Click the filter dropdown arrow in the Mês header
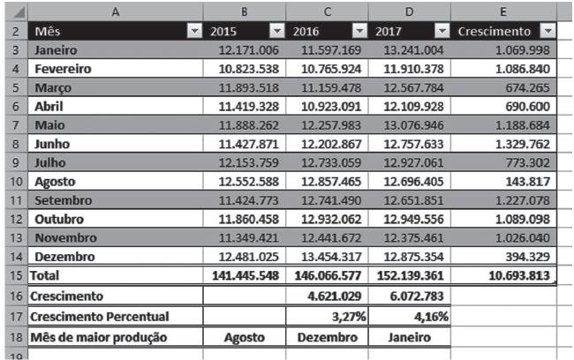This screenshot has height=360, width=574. coord(195,31)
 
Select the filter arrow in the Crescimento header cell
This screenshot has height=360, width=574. coord(548,31)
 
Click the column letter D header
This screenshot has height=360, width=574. coord(409,11)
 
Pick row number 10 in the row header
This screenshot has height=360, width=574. coord(16,182)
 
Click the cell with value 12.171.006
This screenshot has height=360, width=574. coord(248,50)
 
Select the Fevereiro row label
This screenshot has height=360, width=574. coord(63,69)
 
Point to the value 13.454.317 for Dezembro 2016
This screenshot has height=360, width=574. coord(331,257)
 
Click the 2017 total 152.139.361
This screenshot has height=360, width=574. coord(411,275)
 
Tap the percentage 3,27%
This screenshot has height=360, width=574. coord(349,317)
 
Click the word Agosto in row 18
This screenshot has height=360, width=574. coord(244,337)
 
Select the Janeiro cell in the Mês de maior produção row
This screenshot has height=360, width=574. coord(409,337)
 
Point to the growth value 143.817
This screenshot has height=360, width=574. coord(527,182)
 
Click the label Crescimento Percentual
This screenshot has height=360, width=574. coord(100,317)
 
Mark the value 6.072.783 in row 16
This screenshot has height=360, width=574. coord(417,296)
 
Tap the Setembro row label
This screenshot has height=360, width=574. coord(64,200)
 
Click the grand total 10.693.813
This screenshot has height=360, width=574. coord(519,275)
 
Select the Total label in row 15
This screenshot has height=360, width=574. coord(44,275)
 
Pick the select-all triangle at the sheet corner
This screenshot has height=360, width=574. coord(19,12)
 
